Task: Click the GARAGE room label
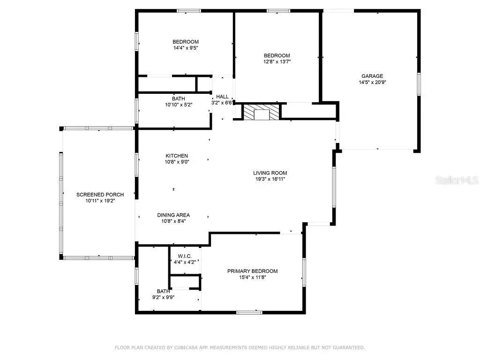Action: [372, 76]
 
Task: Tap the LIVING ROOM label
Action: [270, 173]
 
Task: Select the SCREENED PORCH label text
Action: [100, 195]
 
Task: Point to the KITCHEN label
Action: [177, 156]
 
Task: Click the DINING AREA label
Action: [173, 215]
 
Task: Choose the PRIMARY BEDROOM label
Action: [253, 271]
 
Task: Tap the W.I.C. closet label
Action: [185, 256]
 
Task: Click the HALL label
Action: [222, 97]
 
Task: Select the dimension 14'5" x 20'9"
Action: [372, 82]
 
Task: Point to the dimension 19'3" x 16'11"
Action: [270, 179]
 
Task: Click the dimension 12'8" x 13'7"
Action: [277, 61]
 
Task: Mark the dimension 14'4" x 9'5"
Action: [186, 48]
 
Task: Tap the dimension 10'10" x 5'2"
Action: [179, 105]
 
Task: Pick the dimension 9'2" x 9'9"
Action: [164, 297]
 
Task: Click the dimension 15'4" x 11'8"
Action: [253, 277]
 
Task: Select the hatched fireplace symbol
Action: [262, 112]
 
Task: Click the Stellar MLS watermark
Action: [457, 180]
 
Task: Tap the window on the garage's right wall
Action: [419, 84]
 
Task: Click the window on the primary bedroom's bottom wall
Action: [249, 312]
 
